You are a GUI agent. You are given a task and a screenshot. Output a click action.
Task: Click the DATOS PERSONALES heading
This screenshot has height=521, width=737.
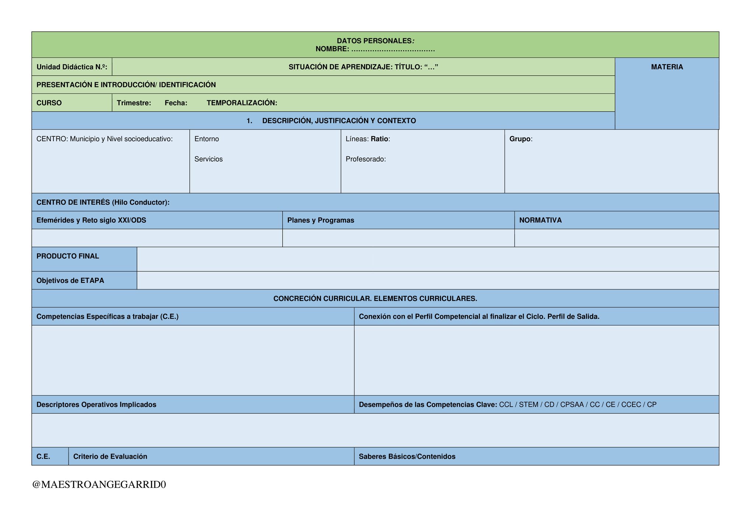click(x=376, y=41)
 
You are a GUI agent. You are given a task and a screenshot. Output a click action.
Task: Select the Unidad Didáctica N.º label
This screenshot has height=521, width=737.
click(x=72, y=67)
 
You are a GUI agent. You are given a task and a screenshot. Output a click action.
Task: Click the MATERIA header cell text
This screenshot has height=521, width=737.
click(x=667, y=67)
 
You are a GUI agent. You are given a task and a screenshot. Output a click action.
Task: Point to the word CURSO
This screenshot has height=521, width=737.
click(x=49, y=103)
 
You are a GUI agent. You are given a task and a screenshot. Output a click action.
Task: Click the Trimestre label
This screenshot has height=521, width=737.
click(x=134, y=103)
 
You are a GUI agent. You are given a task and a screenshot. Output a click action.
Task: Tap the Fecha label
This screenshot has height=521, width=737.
click(x=176, y=103)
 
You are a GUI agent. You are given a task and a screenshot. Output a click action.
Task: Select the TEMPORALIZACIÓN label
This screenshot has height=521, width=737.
click(x=242, y=103)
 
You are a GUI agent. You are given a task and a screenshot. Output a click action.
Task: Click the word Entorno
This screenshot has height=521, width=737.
click(x=207, y=139)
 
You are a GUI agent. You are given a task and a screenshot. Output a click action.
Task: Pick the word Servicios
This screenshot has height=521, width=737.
click(x=209, y=159)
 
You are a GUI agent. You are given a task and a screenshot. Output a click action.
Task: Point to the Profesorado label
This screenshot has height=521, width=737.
click(x=366, y=159)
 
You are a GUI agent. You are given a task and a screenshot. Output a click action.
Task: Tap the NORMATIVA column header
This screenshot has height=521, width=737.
click(x=541, y=220)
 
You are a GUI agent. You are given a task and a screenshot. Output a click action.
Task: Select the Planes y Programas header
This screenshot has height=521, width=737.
click(x=321, y=220)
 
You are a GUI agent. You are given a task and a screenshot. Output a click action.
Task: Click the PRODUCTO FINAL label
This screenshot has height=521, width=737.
click(x=68, y=256)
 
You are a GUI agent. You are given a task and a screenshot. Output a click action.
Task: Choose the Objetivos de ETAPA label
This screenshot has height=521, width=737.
click(x=70, y=281)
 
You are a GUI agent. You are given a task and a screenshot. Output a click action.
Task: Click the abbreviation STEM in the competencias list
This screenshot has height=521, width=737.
click(x=529, y=405)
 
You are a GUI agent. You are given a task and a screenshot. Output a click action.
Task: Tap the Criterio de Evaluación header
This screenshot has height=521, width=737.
click(x=110, y=456)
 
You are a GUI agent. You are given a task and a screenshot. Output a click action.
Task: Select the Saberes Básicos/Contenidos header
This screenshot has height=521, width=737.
click(x=407, y=456)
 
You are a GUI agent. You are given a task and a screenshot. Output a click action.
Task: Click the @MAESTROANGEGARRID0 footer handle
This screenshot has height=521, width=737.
click(x=99, y=484)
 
